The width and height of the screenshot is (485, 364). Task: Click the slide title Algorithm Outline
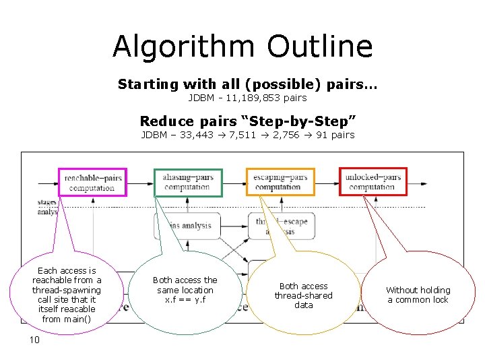[243, 47]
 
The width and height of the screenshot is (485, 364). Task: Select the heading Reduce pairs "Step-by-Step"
[247, 121]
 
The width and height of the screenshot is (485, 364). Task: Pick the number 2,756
[278, 135]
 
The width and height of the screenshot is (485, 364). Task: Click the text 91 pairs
[335, 135]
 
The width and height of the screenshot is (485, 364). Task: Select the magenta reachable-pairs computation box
[92, 182]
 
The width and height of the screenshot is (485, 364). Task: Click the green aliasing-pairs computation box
[188, 182]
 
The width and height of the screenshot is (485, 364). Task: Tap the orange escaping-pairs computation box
[280, 182]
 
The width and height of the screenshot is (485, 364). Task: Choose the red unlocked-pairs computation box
[373, 182]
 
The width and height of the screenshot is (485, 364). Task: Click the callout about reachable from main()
[67, 295]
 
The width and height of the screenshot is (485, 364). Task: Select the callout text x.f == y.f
[185, 299]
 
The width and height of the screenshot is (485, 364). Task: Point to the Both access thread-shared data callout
[303, 295]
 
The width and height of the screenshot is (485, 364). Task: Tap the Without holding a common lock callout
[418, 295]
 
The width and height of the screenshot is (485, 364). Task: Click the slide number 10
[34, 340]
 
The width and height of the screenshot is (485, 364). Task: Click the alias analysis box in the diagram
[185, 226]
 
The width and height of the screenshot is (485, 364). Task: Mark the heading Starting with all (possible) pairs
[247, 85]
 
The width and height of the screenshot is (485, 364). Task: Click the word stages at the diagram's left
[48, 202]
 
